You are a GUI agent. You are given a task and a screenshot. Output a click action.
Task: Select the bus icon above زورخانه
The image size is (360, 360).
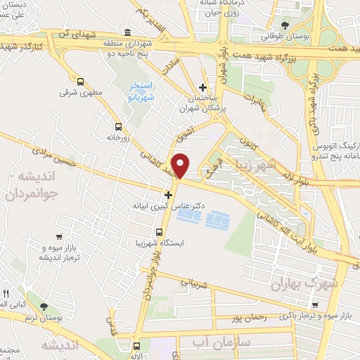tap(117, 127)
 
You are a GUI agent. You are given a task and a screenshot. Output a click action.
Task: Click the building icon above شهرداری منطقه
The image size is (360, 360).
tap(127, 32)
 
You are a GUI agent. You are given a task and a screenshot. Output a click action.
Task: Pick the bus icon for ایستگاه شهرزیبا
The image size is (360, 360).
tap(158, 231)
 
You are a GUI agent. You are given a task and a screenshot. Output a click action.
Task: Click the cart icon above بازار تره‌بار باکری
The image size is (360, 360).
tap(315, 304)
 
